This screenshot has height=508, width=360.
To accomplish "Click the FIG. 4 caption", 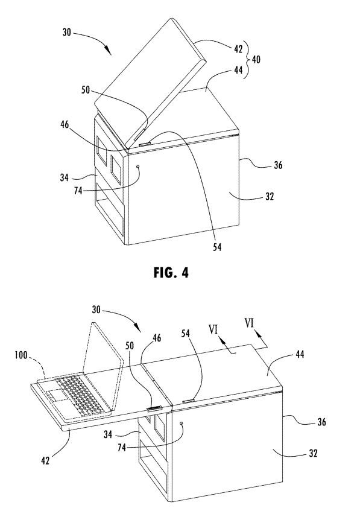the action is [171, 273].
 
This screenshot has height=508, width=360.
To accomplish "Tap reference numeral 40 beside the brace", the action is [256, 60].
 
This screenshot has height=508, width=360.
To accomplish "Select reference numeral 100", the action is [21, 355].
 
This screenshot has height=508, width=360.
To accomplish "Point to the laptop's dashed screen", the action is [102, 352].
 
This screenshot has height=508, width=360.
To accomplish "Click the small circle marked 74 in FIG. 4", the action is [139, 167].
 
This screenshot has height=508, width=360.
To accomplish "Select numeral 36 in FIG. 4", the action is [278, 165].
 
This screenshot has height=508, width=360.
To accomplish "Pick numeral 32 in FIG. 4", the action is [269, 196].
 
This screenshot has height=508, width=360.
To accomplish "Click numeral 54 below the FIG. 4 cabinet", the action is [217, 247].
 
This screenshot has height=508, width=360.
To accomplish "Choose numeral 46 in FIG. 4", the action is [65, 124].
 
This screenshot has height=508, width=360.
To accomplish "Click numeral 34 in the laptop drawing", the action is [108, 434].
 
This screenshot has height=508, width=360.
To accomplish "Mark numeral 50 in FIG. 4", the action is [86, 90].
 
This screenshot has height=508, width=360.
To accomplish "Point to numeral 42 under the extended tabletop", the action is [45, 460].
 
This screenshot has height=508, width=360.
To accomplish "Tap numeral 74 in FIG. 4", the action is [78, 191].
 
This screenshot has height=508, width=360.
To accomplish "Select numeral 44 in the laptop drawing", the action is [300, 354].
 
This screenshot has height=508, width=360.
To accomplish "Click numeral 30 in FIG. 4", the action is [66, 33].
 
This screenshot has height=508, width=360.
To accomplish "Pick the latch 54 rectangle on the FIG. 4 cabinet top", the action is [145, 144].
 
